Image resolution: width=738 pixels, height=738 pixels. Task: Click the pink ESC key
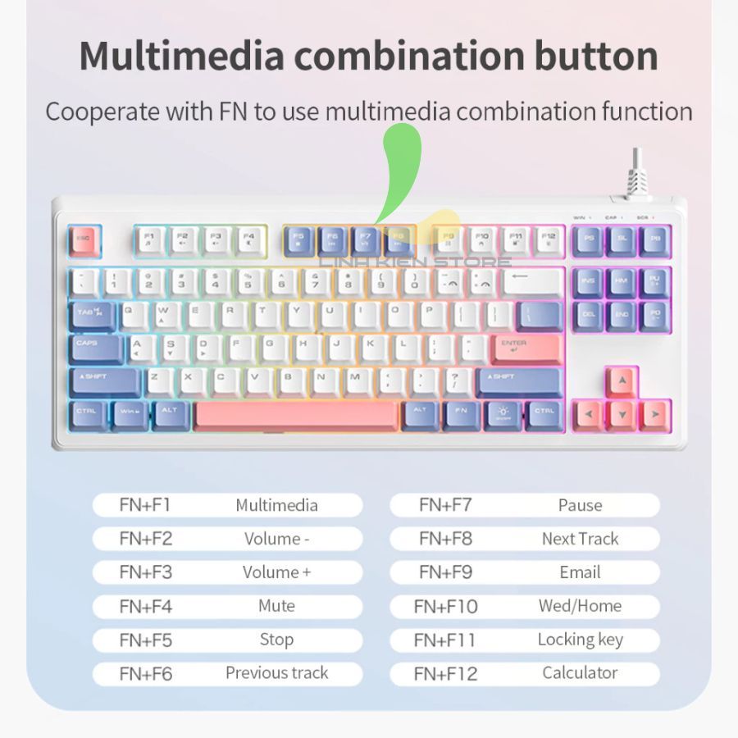(83, 240)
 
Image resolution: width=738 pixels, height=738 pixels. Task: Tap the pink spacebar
(295, 416)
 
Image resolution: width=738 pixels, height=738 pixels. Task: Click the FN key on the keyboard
(462, 414)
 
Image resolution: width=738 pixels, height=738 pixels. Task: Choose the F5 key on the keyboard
(298, 240)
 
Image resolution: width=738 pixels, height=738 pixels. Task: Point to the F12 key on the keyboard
(549, 240)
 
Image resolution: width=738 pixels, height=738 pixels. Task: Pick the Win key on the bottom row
(130, 414)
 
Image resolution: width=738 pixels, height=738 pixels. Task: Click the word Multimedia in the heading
(182, 56)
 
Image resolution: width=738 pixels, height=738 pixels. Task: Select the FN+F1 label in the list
(145, 505)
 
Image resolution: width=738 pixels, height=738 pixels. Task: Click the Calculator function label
(580, 673)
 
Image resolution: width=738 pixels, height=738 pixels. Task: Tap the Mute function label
(276, 606)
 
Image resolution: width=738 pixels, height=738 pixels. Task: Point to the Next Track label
(580, 539)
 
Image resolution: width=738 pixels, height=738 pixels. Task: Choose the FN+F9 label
(445, 572)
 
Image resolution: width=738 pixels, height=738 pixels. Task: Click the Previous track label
(276, 673)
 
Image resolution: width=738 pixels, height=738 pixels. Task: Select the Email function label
(580, 572)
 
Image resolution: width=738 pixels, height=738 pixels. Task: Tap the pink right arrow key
(655, 415)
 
